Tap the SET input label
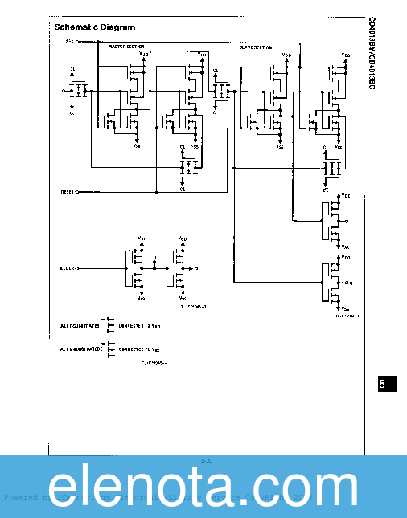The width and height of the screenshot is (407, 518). [69, 41]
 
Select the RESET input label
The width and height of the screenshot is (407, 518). [67, 192]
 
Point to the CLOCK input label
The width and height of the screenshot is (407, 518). [67, 267]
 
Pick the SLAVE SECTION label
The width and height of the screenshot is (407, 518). [256, 47]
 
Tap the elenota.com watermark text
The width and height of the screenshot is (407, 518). [203, 488]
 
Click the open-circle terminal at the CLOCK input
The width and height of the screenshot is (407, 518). [77, 267]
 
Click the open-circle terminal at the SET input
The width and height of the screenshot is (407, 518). [77, 41]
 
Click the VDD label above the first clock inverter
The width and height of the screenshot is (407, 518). [142, 239]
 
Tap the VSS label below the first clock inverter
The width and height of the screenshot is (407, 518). [142, 298]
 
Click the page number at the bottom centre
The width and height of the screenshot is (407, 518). [206, 460]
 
